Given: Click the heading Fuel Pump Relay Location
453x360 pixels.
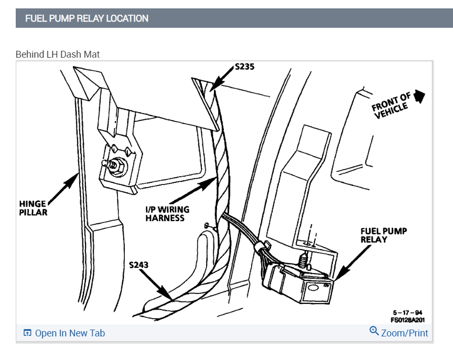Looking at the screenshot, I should pos(87,18).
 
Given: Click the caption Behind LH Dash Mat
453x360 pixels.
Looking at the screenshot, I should pos(58,54).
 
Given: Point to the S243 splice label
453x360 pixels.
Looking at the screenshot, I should pos(138,265).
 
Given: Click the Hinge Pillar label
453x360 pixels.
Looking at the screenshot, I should pos(34,208).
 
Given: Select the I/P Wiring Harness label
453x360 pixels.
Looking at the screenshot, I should pos(167,213).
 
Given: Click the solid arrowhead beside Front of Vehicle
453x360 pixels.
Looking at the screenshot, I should pos(419,96).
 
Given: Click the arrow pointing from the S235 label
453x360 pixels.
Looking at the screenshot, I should pos(222,79).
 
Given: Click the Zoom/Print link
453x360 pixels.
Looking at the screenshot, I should pos(404,333).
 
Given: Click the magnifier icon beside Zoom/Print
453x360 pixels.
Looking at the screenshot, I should pos(374,331).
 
